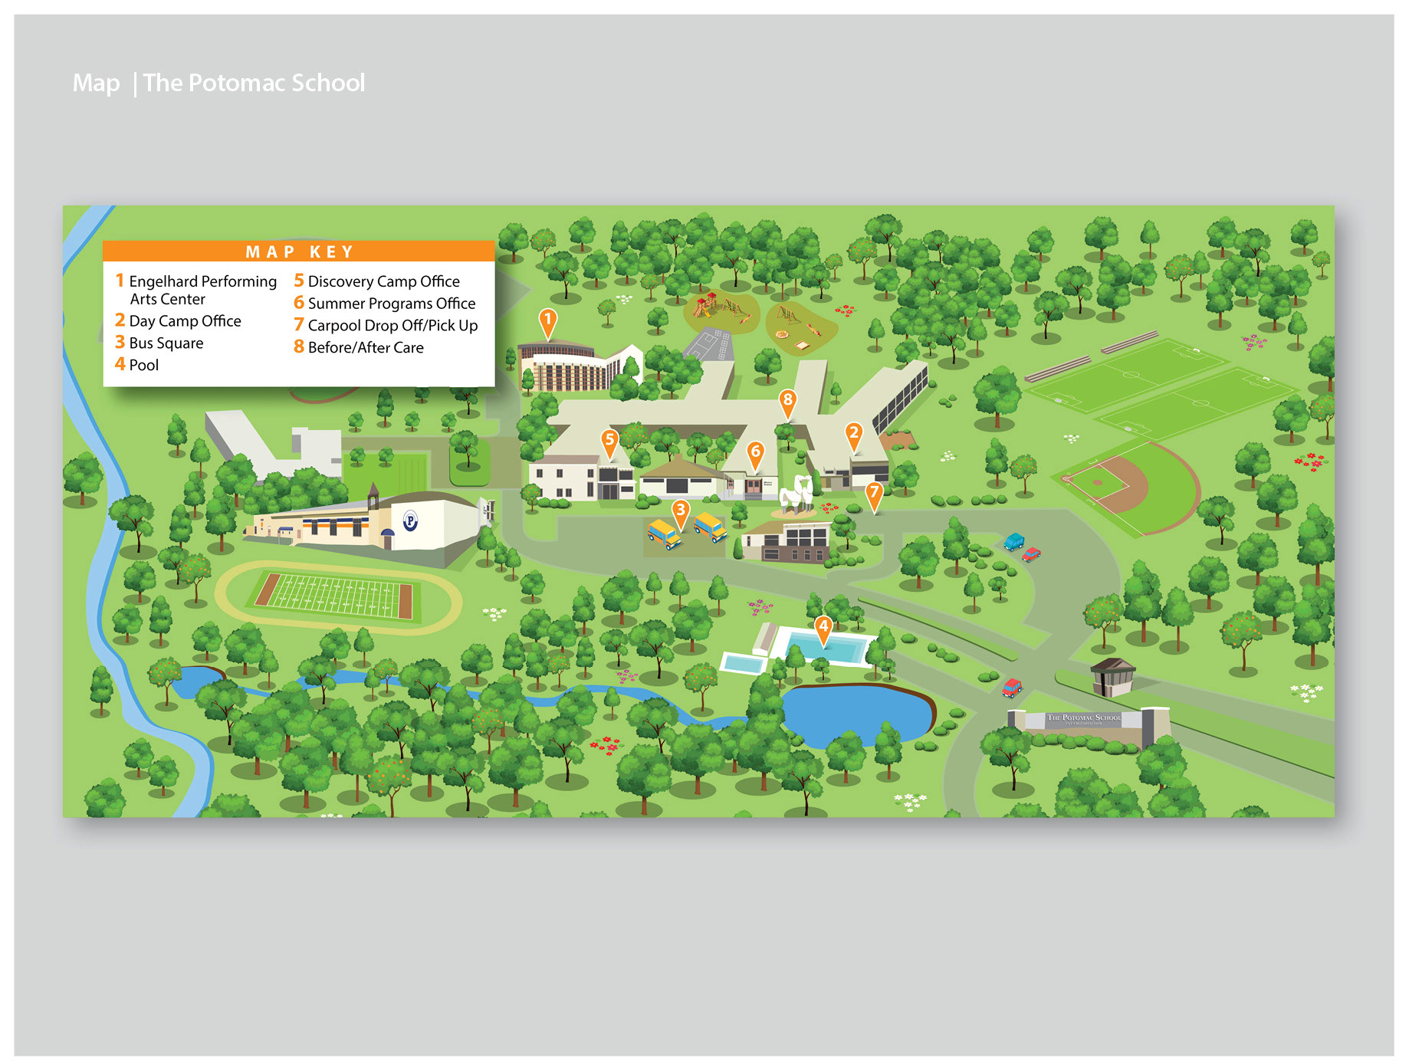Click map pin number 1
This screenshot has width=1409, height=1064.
[x=547, y=320]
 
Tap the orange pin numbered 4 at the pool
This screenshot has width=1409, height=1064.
[x=823, y=628]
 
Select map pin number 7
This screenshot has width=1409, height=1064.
[x=874, y=494]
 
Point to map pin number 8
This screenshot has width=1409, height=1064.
[x=787, y=401]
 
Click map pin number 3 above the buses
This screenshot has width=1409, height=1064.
[x=680, y=511]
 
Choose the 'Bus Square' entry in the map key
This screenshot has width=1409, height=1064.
[x=166, y=343]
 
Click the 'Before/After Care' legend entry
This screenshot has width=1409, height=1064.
[x=365, y=348]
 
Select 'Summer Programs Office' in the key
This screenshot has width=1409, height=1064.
[x=391, y=304]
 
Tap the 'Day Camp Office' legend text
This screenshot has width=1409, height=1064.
[x=185, y=321]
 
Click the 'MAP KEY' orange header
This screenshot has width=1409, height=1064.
[x=299, y=251]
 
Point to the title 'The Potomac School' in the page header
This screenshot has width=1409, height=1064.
[x=254, y=83]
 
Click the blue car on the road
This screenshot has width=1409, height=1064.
[x=1013, y=541]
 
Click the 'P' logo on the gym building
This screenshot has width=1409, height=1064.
[x=410, y=522]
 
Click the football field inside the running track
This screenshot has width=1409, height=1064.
[x=335, y=596]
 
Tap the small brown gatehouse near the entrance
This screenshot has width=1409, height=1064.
[x=1112, y=676]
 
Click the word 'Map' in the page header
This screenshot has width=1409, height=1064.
[x=96, y=83]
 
